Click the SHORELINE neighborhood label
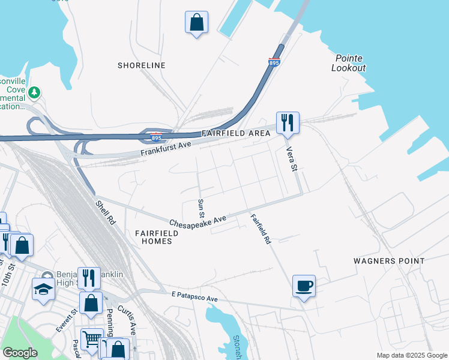(x=141, y=65)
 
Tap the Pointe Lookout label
(x=348, y=62)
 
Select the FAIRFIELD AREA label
(x=231, y=133)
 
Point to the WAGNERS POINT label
(x=389, y=261)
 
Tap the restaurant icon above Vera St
(x=287, y=122)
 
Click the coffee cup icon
(x=304, y=285)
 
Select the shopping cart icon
(x=91, y=339)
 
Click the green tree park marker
(x=35, y=92)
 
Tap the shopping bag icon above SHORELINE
(x=196, y=23)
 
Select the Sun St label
(x=201, y=209)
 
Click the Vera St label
(x=292, y=159)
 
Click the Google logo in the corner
(x=20, y=353)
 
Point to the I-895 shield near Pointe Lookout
(x=274, y=61)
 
